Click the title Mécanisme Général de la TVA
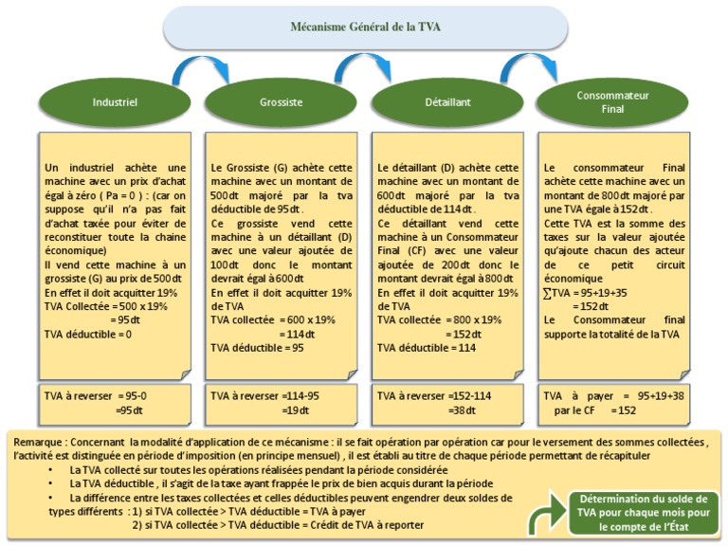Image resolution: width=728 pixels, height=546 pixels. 365,27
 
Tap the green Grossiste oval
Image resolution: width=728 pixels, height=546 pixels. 281,101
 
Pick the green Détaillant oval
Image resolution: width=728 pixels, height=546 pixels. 447,101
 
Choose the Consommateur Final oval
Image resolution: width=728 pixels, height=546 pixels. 612,101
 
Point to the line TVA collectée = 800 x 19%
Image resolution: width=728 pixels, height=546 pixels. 439,319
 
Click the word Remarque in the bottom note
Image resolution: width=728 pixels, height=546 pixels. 38,441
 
